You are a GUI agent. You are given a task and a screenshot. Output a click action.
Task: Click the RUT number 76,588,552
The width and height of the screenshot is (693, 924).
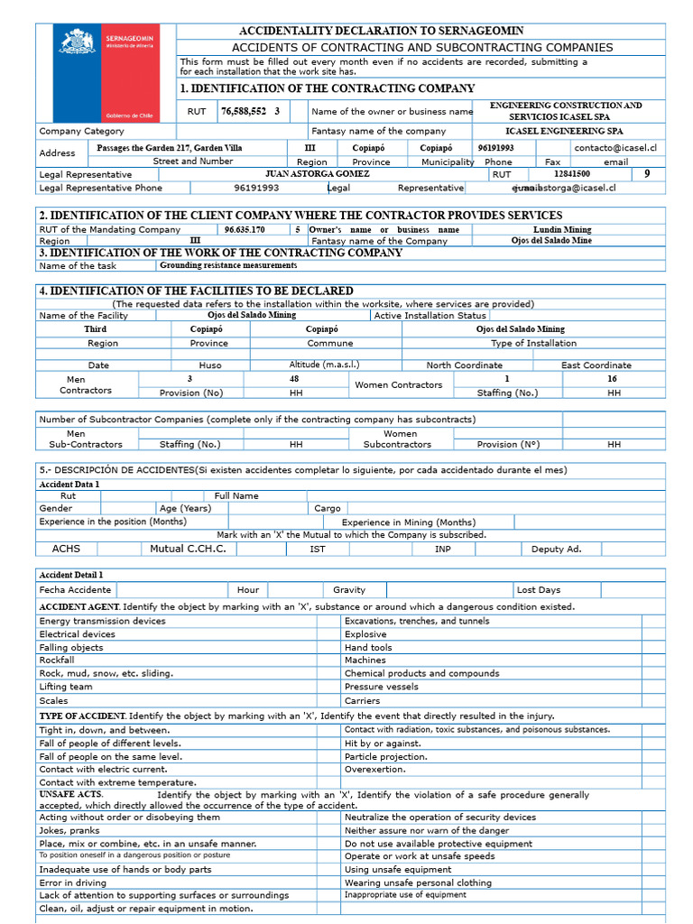coord(244,112)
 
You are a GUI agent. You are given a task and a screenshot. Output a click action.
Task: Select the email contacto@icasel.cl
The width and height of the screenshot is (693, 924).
coord(615,147)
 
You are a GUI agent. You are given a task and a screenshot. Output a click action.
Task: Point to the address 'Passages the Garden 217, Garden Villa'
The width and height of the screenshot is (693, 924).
coord(170,147)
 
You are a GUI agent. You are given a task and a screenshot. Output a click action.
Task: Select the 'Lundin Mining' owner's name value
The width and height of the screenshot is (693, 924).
coord(562,229)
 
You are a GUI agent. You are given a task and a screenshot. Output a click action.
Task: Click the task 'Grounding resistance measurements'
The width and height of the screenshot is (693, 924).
coord(228,265)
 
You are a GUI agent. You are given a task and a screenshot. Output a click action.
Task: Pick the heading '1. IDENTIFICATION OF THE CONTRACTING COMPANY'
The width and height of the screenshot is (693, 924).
coord(327,88)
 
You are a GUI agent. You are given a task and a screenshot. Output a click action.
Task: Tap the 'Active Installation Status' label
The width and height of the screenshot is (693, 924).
coord(430,316)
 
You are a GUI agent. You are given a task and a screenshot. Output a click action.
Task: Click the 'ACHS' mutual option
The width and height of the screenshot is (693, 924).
coord(67,549)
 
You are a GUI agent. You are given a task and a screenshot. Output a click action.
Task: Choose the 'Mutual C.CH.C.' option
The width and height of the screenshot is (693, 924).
coord(188,549)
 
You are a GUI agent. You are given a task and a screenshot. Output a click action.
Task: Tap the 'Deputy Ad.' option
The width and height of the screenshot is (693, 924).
coord(557,549)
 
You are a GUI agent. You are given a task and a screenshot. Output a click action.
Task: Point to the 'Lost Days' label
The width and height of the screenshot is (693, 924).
coord(539,590)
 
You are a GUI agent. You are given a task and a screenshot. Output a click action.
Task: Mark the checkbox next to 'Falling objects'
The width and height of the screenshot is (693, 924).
coord(328,647)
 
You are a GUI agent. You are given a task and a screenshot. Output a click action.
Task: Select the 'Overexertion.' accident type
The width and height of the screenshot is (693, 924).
coord(374,770)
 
